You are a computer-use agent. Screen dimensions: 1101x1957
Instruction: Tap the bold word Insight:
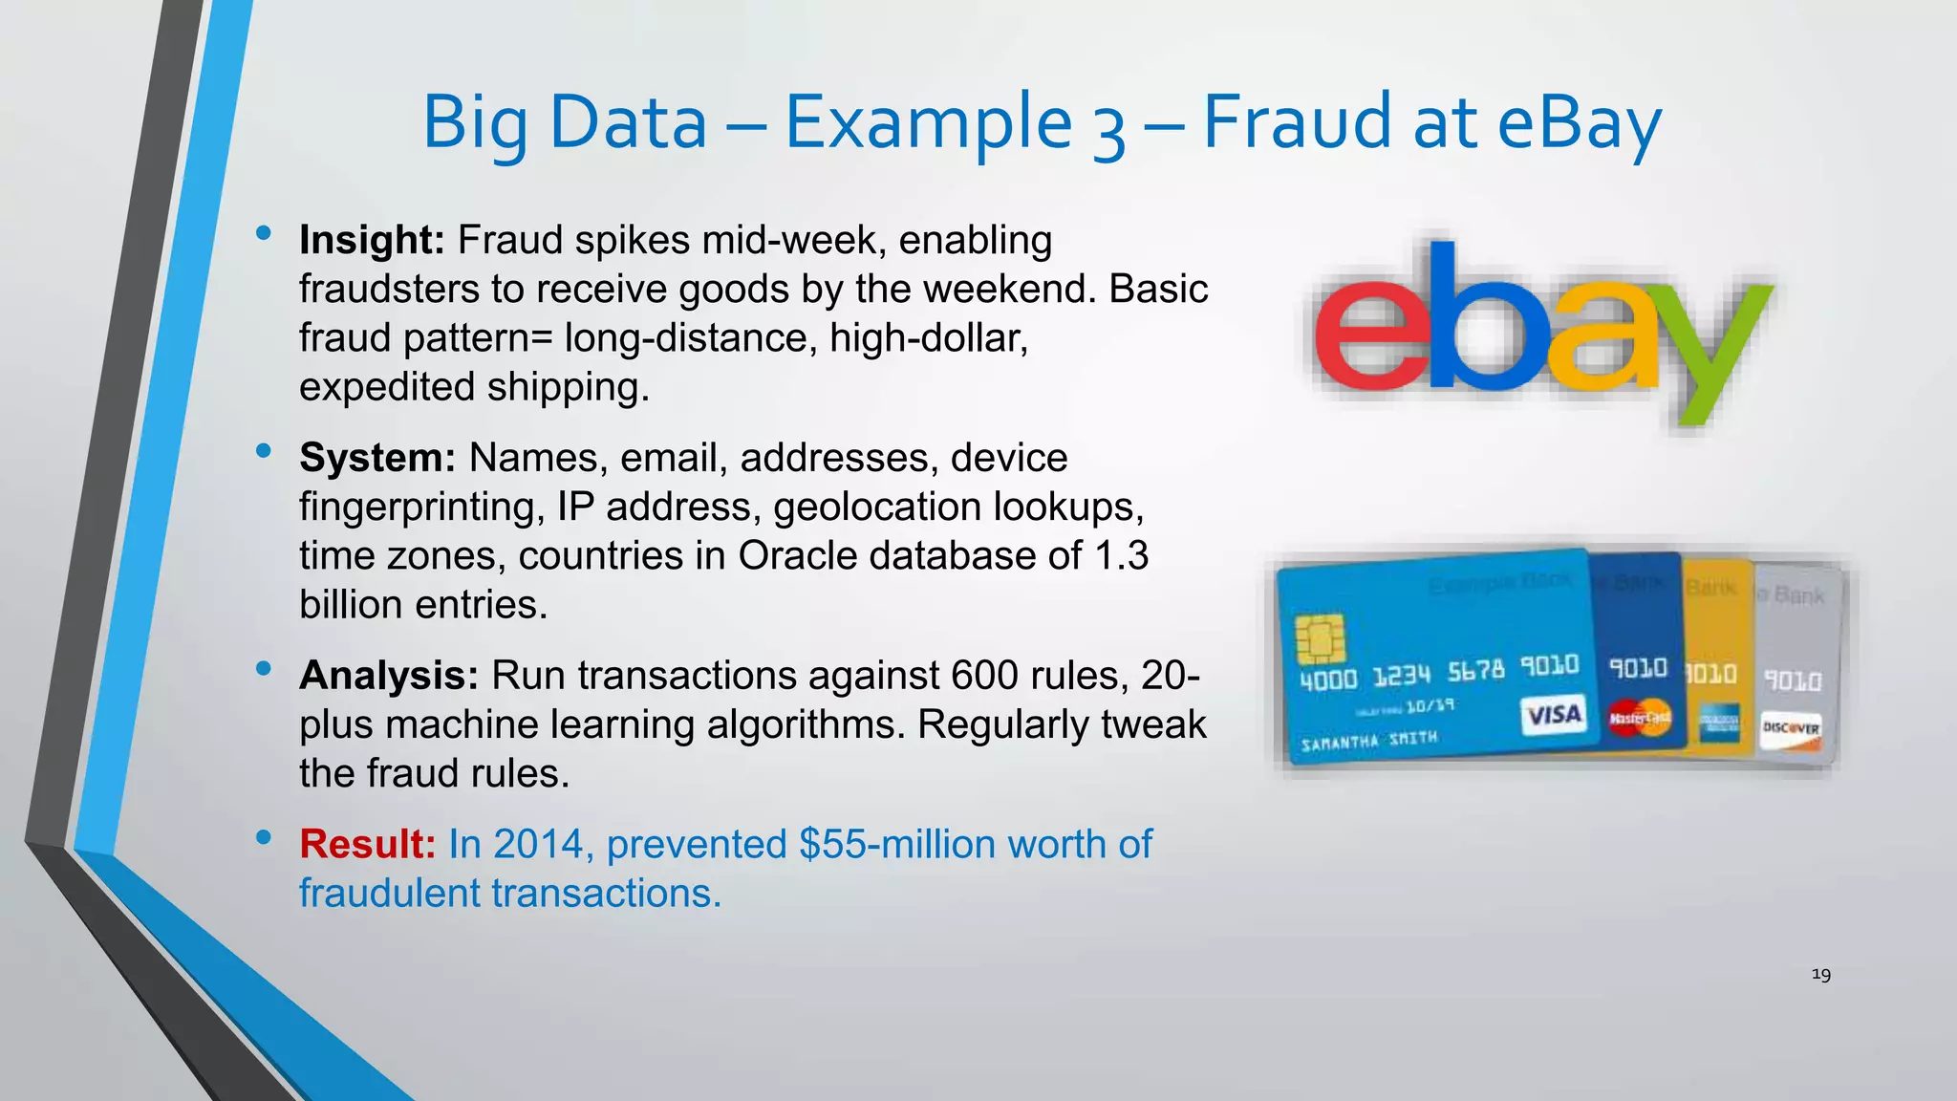coord(372,240)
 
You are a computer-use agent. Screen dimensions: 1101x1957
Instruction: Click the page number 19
coord(1820,975)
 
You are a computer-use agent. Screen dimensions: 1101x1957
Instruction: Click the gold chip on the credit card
coord(1320,638)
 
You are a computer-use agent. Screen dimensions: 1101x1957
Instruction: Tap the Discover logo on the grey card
coord(1791,730)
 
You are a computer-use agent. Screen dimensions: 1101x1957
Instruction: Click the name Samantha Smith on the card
coord(1368,741)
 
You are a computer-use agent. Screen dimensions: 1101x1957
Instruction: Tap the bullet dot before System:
coord(264,450)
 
